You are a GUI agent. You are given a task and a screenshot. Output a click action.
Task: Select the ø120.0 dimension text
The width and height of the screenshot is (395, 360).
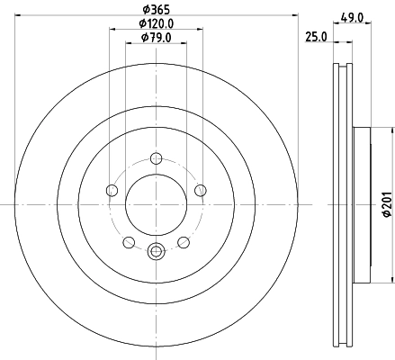point(156,23)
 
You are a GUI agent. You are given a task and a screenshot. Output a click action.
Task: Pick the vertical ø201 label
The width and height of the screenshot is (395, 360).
point(386,205)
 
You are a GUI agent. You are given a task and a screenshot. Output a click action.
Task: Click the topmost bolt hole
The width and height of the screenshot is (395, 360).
point(156,156)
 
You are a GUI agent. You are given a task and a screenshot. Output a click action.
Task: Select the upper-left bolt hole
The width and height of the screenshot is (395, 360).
point(112,189)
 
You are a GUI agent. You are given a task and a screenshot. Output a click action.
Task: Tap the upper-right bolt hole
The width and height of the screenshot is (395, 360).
point(200,189)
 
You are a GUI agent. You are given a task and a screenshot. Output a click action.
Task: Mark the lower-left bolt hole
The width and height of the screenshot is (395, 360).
point(128,241)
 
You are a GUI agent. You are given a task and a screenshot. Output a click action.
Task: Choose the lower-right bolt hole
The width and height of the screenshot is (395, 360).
point(184,241)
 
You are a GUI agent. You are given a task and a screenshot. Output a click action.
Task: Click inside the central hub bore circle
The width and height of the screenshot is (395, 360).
point(156,204)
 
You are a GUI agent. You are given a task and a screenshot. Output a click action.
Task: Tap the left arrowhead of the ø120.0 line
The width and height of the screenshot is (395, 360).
point(112,30)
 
